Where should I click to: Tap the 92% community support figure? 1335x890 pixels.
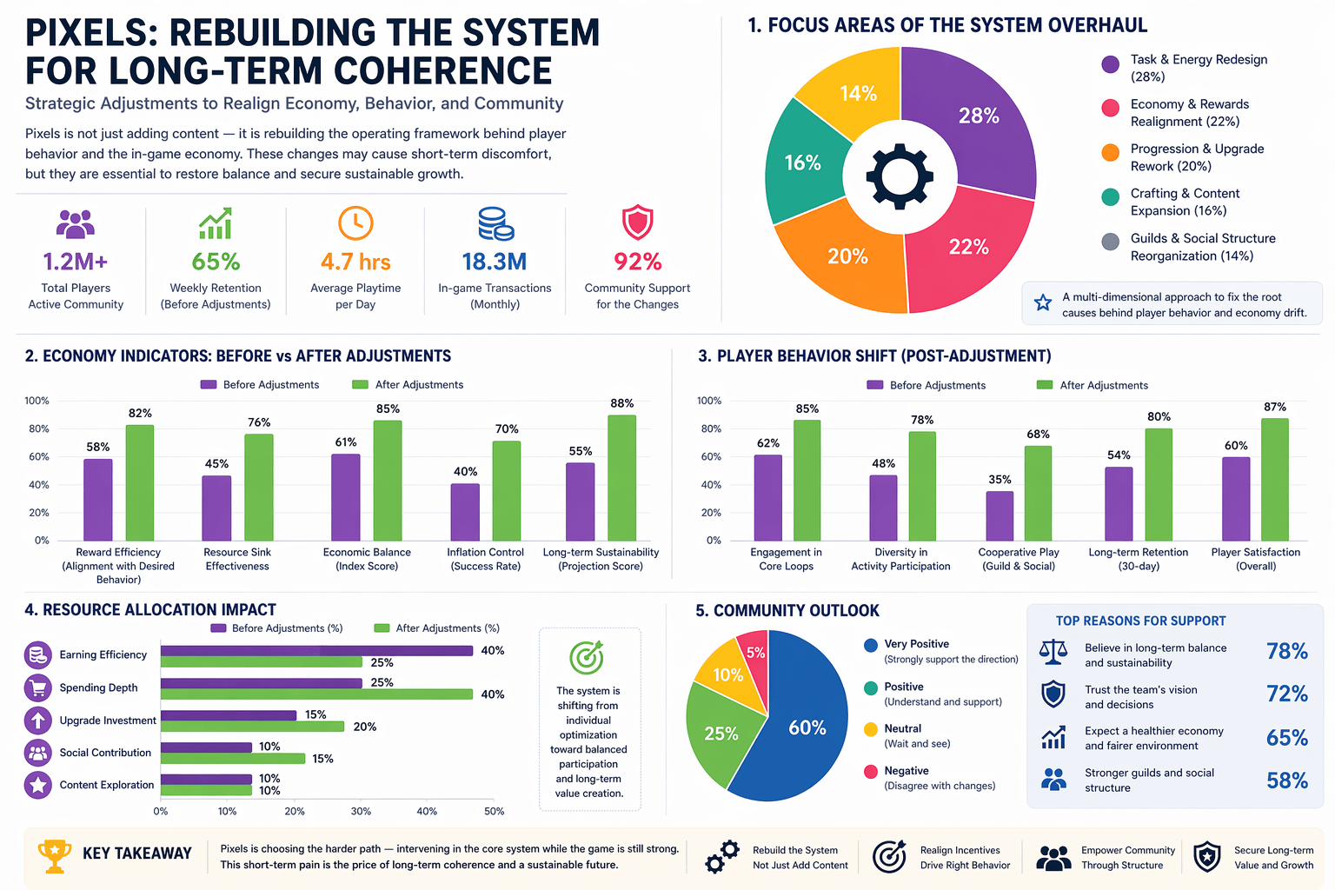(x=637, y=262)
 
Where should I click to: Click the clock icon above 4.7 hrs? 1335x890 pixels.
(x=355, y=223)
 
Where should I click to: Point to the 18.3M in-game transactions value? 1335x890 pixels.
(x=495, y=262)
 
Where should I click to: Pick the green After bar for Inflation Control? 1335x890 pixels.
(x=507, y=490)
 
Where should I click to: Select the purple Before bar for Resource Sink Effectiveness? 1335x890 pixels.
(x=216, y=508)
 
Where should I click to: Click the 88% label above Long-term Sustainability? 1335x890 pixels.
(x=622, y=403)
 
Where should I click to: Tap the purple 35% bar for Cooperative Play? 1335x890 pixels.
(x=1000, y=515)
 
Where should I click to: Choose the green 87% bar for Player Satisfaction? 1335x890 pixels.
(x=1275, y=479)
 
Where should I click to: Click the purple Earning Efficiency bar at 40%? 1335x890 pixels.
(x=316, y=650)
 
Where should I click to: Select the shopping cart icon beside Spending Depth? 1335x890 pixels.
(x=38, y=687)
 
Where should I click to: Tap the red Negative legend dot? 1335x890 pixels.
(x=871, y=771)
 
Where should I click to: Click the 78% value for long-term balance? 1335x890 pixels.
(x=1286, y=651)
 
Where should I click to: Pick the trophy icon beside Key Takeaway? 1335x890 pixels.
(x=55, y=855)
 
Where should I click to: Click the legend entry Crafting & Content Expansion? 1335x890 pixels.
(x=1184, y=202)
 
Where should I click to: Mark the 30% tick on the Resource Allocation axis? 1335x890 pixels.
(x=361, y=811)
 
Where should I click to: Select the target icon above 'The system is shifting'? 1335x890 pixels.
(x=588, y=658)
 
